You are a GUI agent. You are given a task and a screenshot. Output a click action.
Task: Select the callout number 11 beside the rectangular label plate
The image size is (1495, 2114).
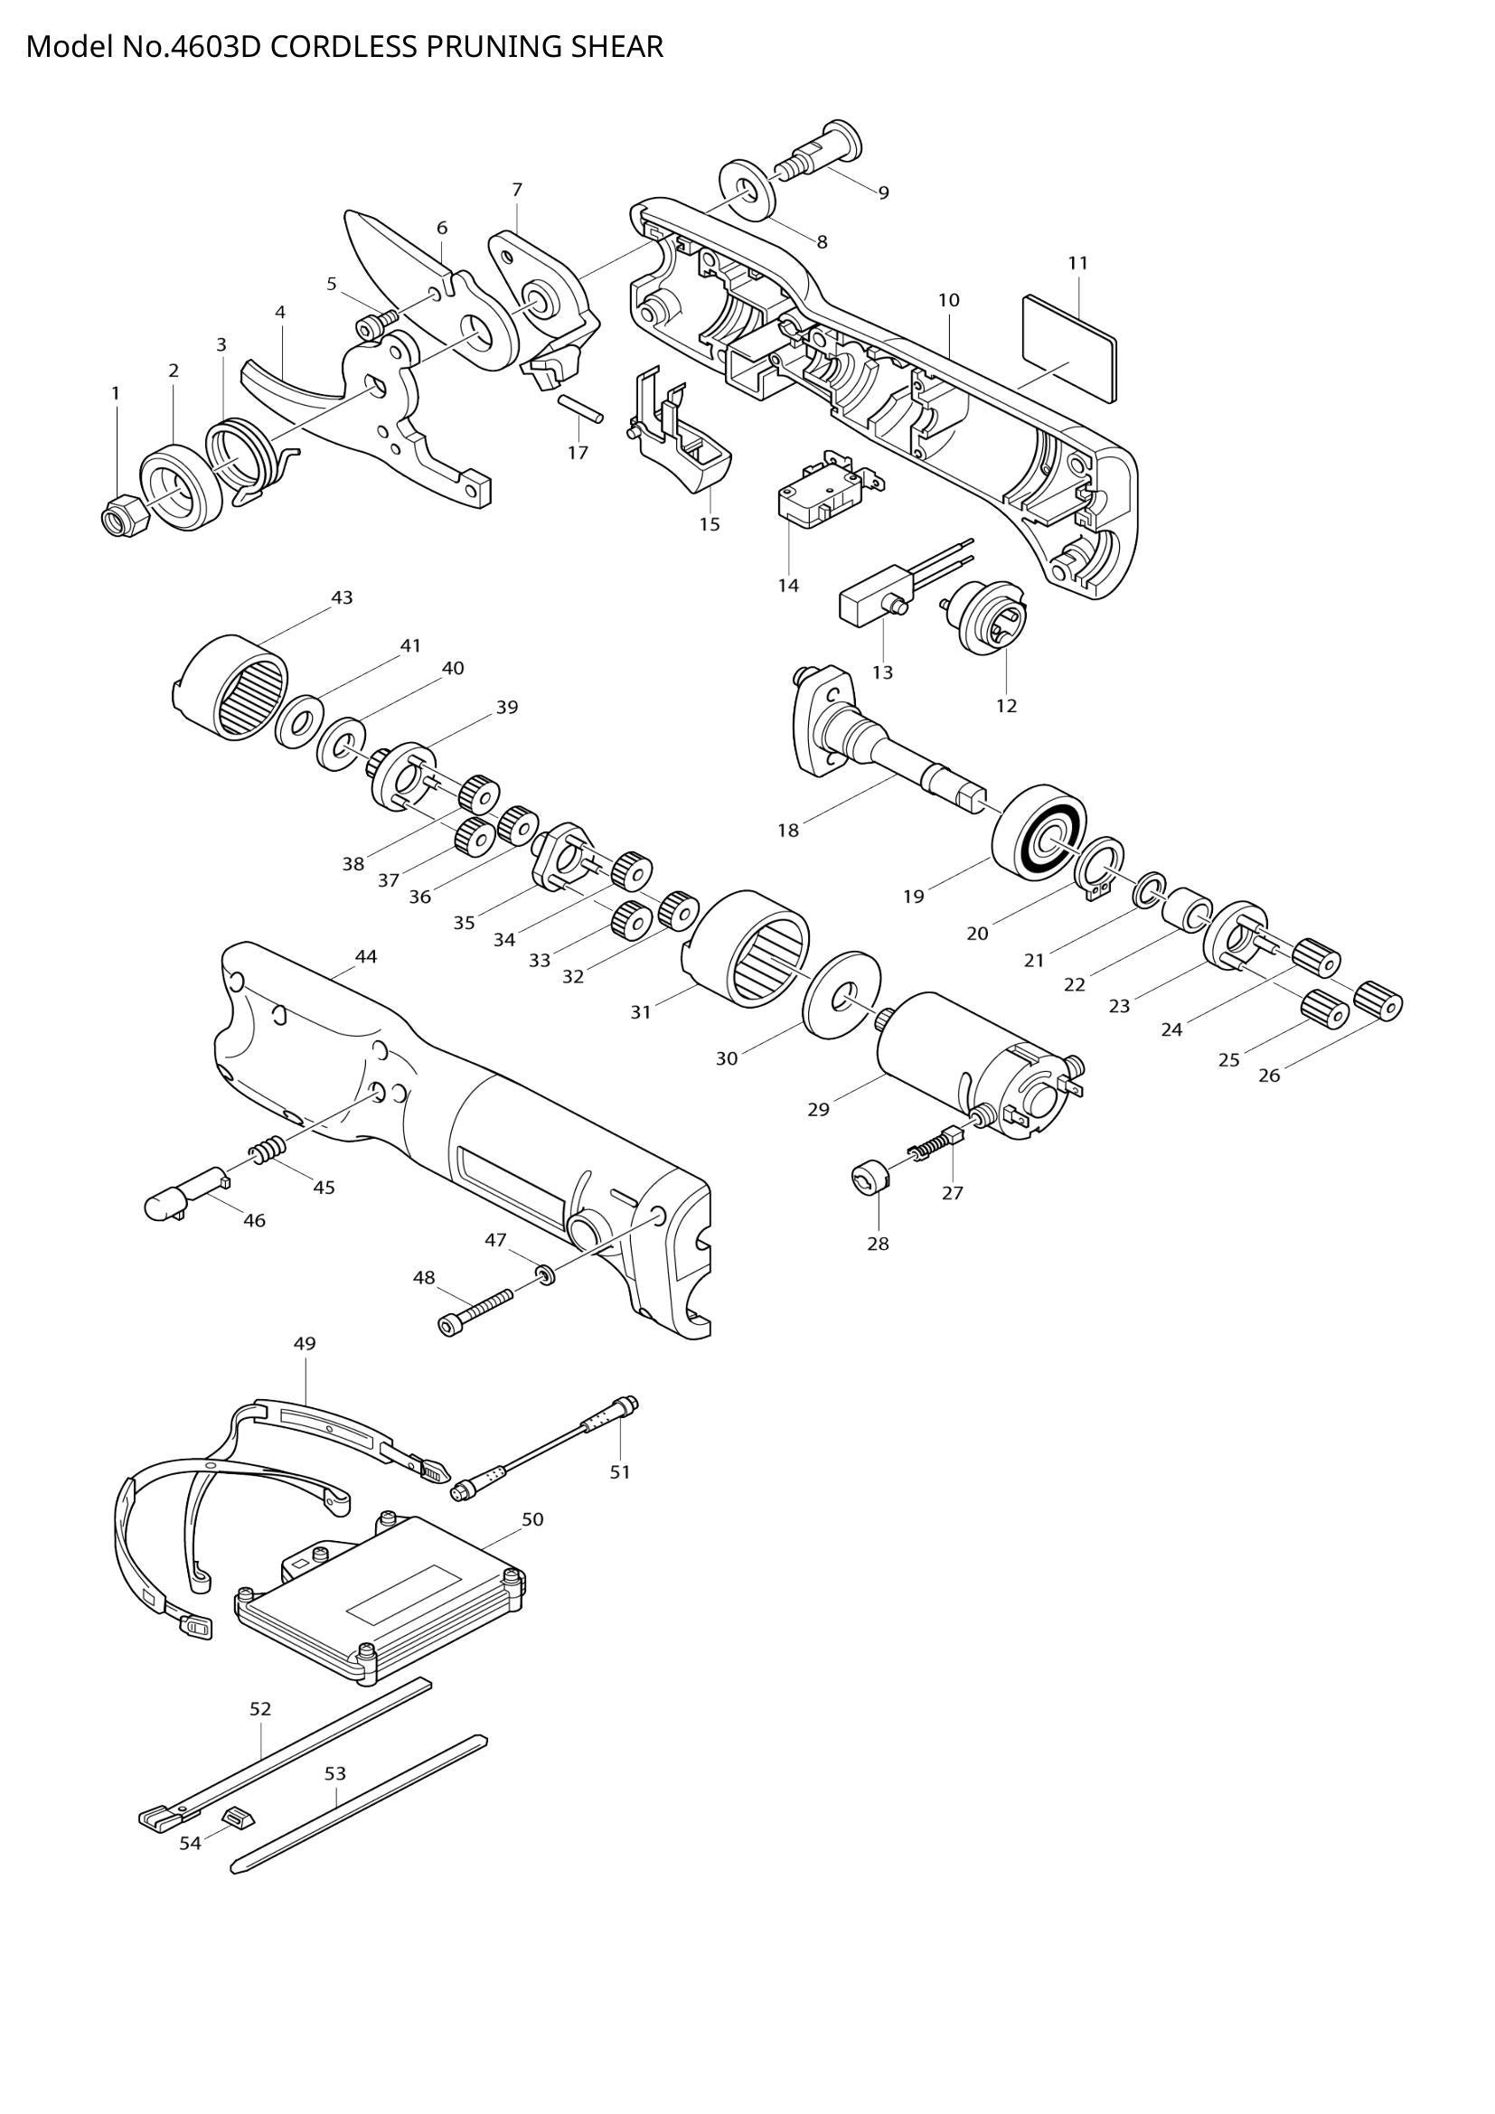[1077, 263]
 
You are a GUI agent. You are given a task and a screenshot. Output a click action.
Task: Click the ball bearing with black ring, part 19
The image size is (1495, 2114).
[1039, 831]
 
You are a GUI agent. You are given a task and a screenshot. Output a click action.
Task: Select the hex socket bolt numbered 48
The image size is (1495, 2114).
[473, 1310]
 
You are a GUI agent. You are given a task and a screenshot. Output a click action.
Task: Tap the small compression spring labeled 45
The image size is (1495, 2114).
[265, 1150]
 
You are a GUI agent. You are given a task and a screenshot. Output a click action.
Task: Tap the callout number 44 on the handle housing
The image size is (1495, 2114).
[365, 956]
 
